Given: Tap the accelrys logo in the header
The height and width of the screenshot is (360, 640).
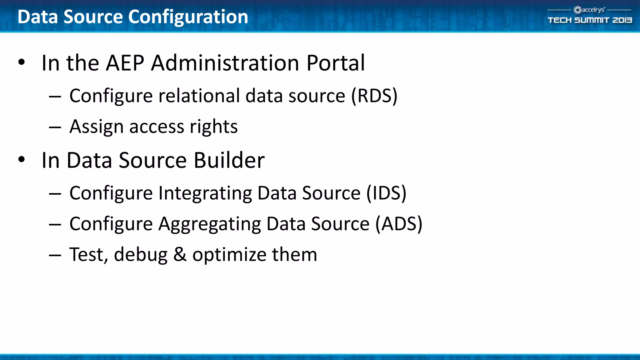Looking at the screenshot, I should click(x=589, y=10).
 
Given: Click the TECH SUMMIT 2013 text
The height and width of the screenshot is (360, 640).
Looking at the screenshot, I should click(x=590, y=20).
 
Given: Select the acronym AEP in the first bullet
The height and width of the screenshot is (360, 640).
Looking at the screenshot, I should click(x=125, y=63).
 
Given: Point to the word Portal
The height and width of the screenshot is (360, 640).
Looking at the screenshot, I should click(x=336, y=63).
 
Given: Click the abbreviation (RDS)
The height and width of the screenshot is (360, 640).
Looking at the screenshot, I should click(x=374, y=96).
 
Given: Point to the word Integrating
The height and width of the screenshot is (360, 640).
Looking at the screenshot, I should click(x=205, y=193).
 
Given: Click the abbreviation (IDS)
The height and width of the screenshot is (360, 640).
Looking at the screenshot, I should click(x=386, y=193).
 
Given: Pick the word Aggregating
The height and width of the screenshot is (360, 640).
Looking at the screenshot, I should click(x=209, y=224).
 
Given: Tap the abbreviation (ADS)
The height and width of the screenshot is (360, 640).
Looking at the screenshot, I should click(x=399, y=224).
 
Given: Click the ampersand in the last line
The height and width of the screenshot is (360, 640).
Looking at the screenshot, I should click(x=180, y=254).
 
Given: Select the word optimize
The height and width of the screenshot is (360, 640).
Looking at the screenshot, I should click(x=229, y=255).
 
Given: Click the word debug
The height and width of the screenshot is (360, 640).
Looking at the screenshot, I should click(x=141, y=254).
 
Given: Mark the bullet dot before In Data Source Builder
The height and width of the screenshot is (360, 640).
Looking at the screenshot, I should click(x=21, y=160).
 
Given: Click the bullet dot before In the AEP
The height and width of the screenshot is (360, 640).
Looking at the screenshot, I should click(x=21, y=62).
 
